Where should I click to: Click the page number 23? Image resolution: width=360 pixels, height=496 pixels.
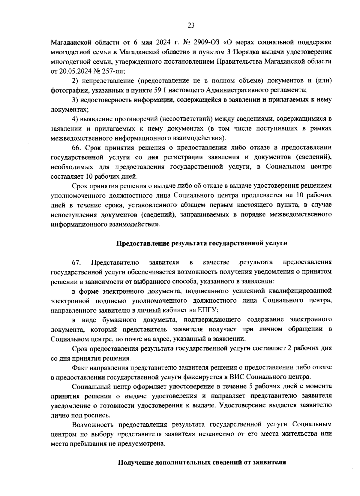coord(191,25)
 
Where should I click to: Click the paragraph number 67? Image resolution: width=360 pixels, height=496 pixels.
coord(76,263)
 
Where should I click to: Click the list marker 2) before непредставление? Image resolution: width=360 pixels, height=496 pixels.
coord(75,81)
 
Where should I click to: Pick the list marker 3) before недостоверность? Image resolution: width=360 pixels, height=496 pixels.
coord(75,100)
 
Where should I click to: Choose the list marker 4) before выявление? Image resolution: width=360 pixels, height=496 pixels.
coord(75,119)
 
